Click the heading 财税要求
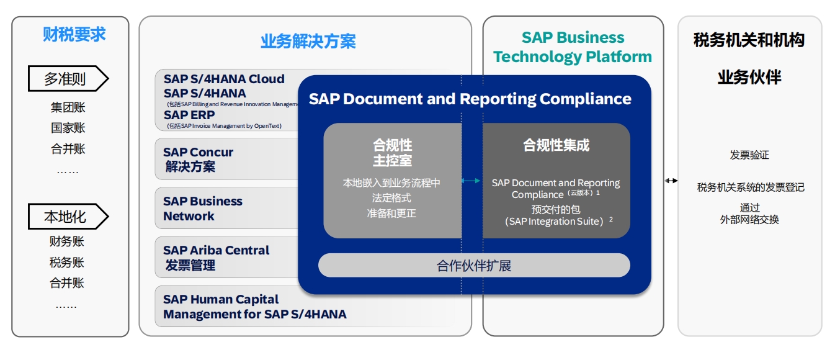point(74,35)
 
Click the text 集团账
point(68,107)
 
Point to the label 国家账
point(68,128)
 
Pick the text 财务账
point(67,241)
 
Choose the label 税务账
point(67,262)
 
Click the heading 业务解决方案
point(308,42)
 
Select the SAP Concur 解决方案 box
point(226,160)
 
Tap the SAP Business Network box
point(226,209)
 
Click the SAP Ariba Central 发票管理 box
point(226,258)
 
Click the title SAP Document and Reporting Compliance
point(470,99)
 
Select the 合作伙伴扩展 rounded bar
point(474,266)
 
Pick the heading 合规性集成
point(556,145)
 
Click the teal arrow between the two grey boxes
point(471,181)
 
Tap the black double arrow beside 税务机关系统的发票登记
point(671,181)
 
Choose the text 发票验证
point(749,155)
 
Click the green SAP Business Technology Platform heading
point(573,47)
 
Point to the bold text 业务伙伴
point(749,78)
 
